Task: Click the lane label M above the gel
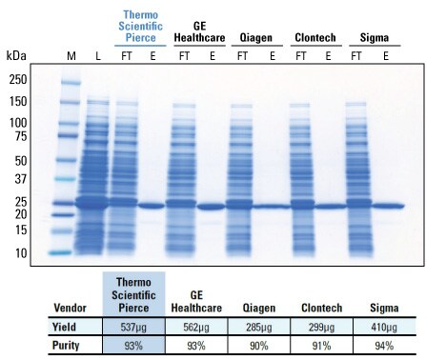point(71,57)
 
